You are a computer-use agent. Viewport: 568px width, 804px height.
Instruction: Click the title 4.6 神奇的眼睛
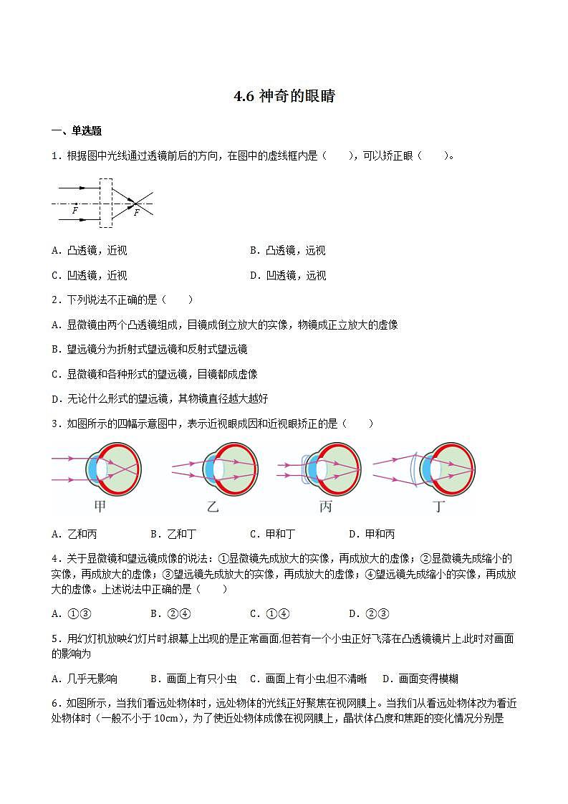(x=284, y=97)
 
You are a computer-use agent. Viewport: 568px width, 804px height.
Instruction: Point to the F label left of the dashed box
(x=74, y=211)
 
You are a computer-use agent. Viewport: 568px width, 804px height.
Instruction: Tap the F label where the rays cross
(x=136, y=213)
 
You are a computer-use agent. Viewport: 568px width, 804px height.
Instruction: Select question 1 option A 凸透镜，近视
(x=90, y=251)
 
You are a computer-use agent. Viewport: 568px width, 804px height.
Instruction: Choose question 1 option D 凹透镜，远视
(x=287, y=276)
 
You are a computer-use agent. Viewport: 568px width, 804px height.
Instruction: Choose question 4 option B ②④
(x=170, y=613)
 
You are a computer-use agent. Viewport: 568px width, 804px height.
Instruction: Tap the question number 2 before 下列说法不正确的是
(x=55, y=300)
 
